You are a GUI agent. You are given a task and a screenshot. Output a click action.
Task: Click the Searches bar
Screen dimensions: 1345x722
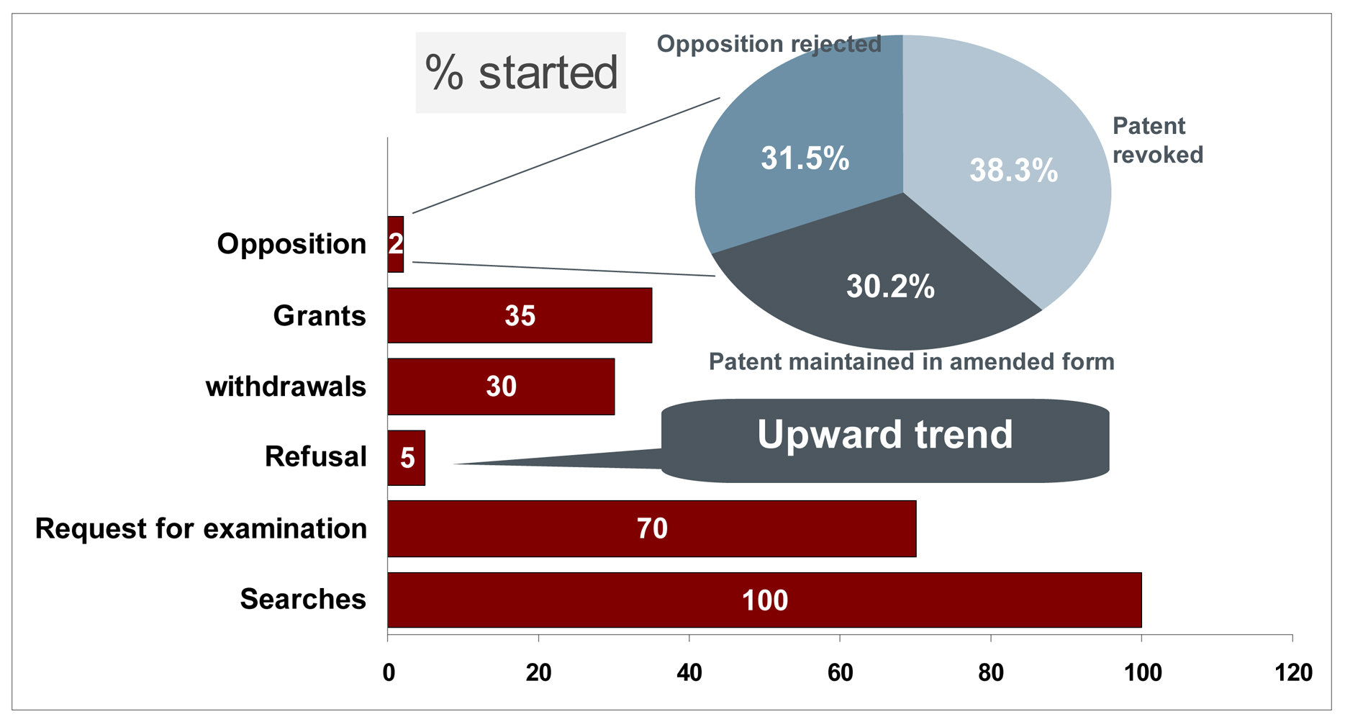pyautogui.click(x=764, y=600)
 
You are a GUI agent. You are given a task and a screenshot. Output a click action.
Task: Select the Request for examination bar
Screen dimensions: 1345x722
pyautogui.click(x=652, y=529)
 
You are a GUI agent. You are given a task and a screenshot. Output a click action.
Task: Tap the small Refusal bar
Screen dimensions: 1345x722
pyautogui.click(x=407, y=458)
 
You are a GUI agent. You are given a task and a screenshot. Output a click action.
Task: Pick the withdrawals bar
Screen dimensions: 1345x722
pyautogui.click(x=501, y=387)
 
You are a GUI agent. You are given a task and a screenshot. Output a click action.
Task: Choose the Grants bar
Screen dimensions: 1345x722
pyautogui.click(x=520, y=315)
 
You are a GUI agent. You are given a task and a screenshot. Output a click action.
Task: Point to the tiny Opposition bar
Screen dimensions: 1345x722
pyautogui.click(x=396, y=244)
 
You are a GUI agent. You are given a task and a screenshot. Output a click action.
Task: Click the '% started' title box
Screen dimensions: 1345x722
pyautogui.click(x=521, y=73)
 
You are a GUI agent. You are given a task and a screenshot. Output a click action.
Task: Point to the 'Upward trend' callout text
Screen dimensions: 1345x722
pyautogui.click(x=885, y=434)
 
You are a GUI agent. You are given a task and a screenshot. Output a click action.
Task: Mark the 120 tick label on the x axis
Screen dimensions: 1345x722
pyautogui.click(x=1293, y=673)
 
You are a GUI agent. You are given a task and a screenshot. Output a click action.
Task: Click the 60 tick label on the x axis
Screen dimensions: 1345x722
pyautogui.click(x=841, y=673)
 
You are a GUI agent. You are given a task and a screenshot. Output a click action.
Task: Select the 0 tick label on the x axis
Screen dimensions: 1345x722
pyautogui.click(x=389, y=673)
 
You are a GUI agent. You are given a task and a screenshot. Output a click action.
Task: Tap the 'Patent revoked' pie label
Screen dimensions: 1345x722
pyautogui.click(x=1158, y=140)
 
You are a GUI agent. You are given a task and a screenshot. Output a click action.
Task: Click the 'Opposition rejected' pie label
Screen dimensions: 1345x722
pyautogui.click(x=769, y=44)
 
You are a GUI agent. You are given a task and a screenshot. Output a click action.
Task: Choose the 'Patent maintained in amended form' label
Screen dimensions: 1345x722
pyautogui.click(x=912, y=361)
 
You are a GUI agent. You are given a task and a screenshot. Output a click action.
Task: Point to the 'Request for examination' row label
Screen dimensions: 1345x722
pyautogui.click(x=201, y=529)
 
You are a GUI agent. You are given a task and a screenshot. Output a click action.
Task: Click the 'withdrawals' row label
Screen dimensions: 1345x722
pyautogui.click(x=286, y=387)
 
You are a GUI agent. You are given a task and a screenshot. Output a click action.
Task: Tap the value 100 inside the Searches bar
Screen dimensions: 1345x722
pyautogui.click(x=765, y=600)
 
